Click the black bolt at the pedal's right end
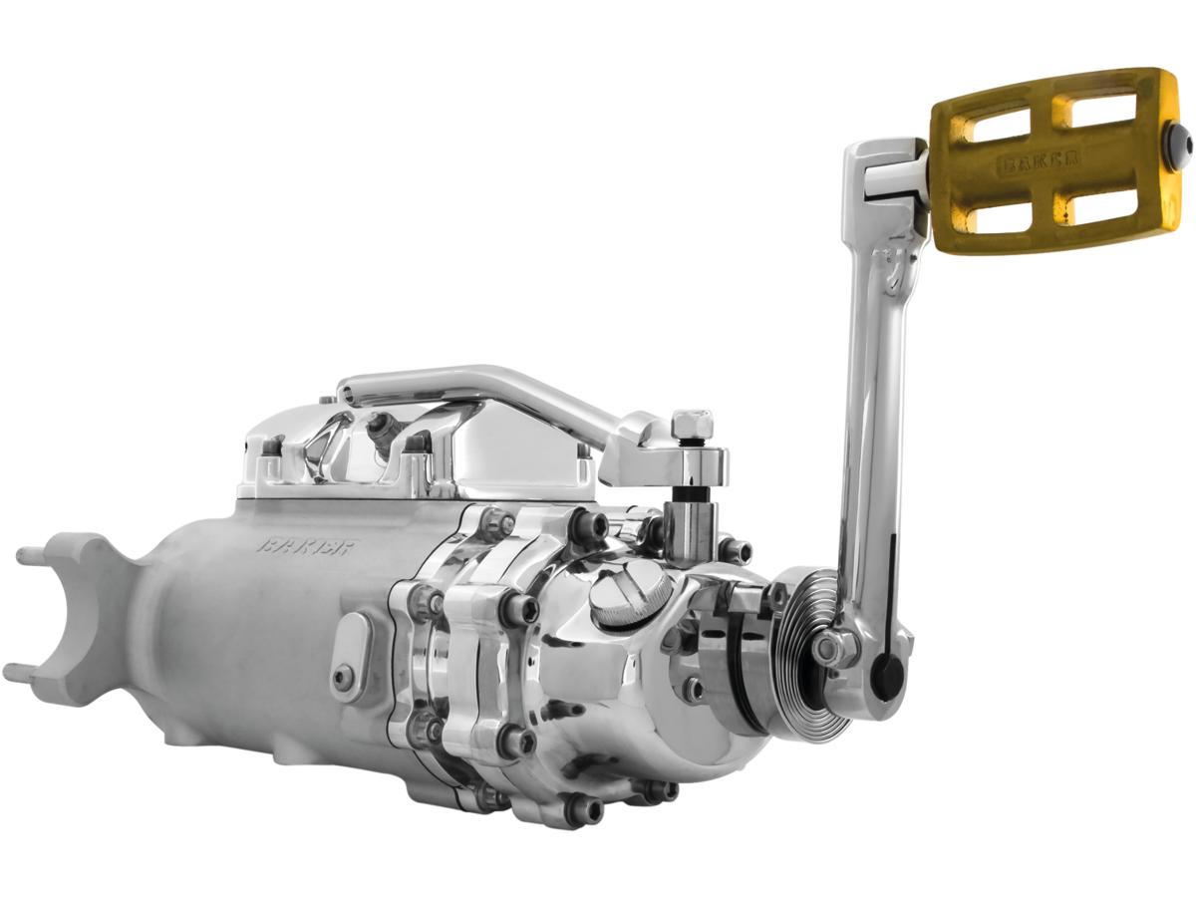1186,146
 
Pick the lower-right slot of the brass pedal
1097,204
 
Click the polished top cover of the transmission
419,453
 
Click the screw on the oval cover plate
344,678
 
